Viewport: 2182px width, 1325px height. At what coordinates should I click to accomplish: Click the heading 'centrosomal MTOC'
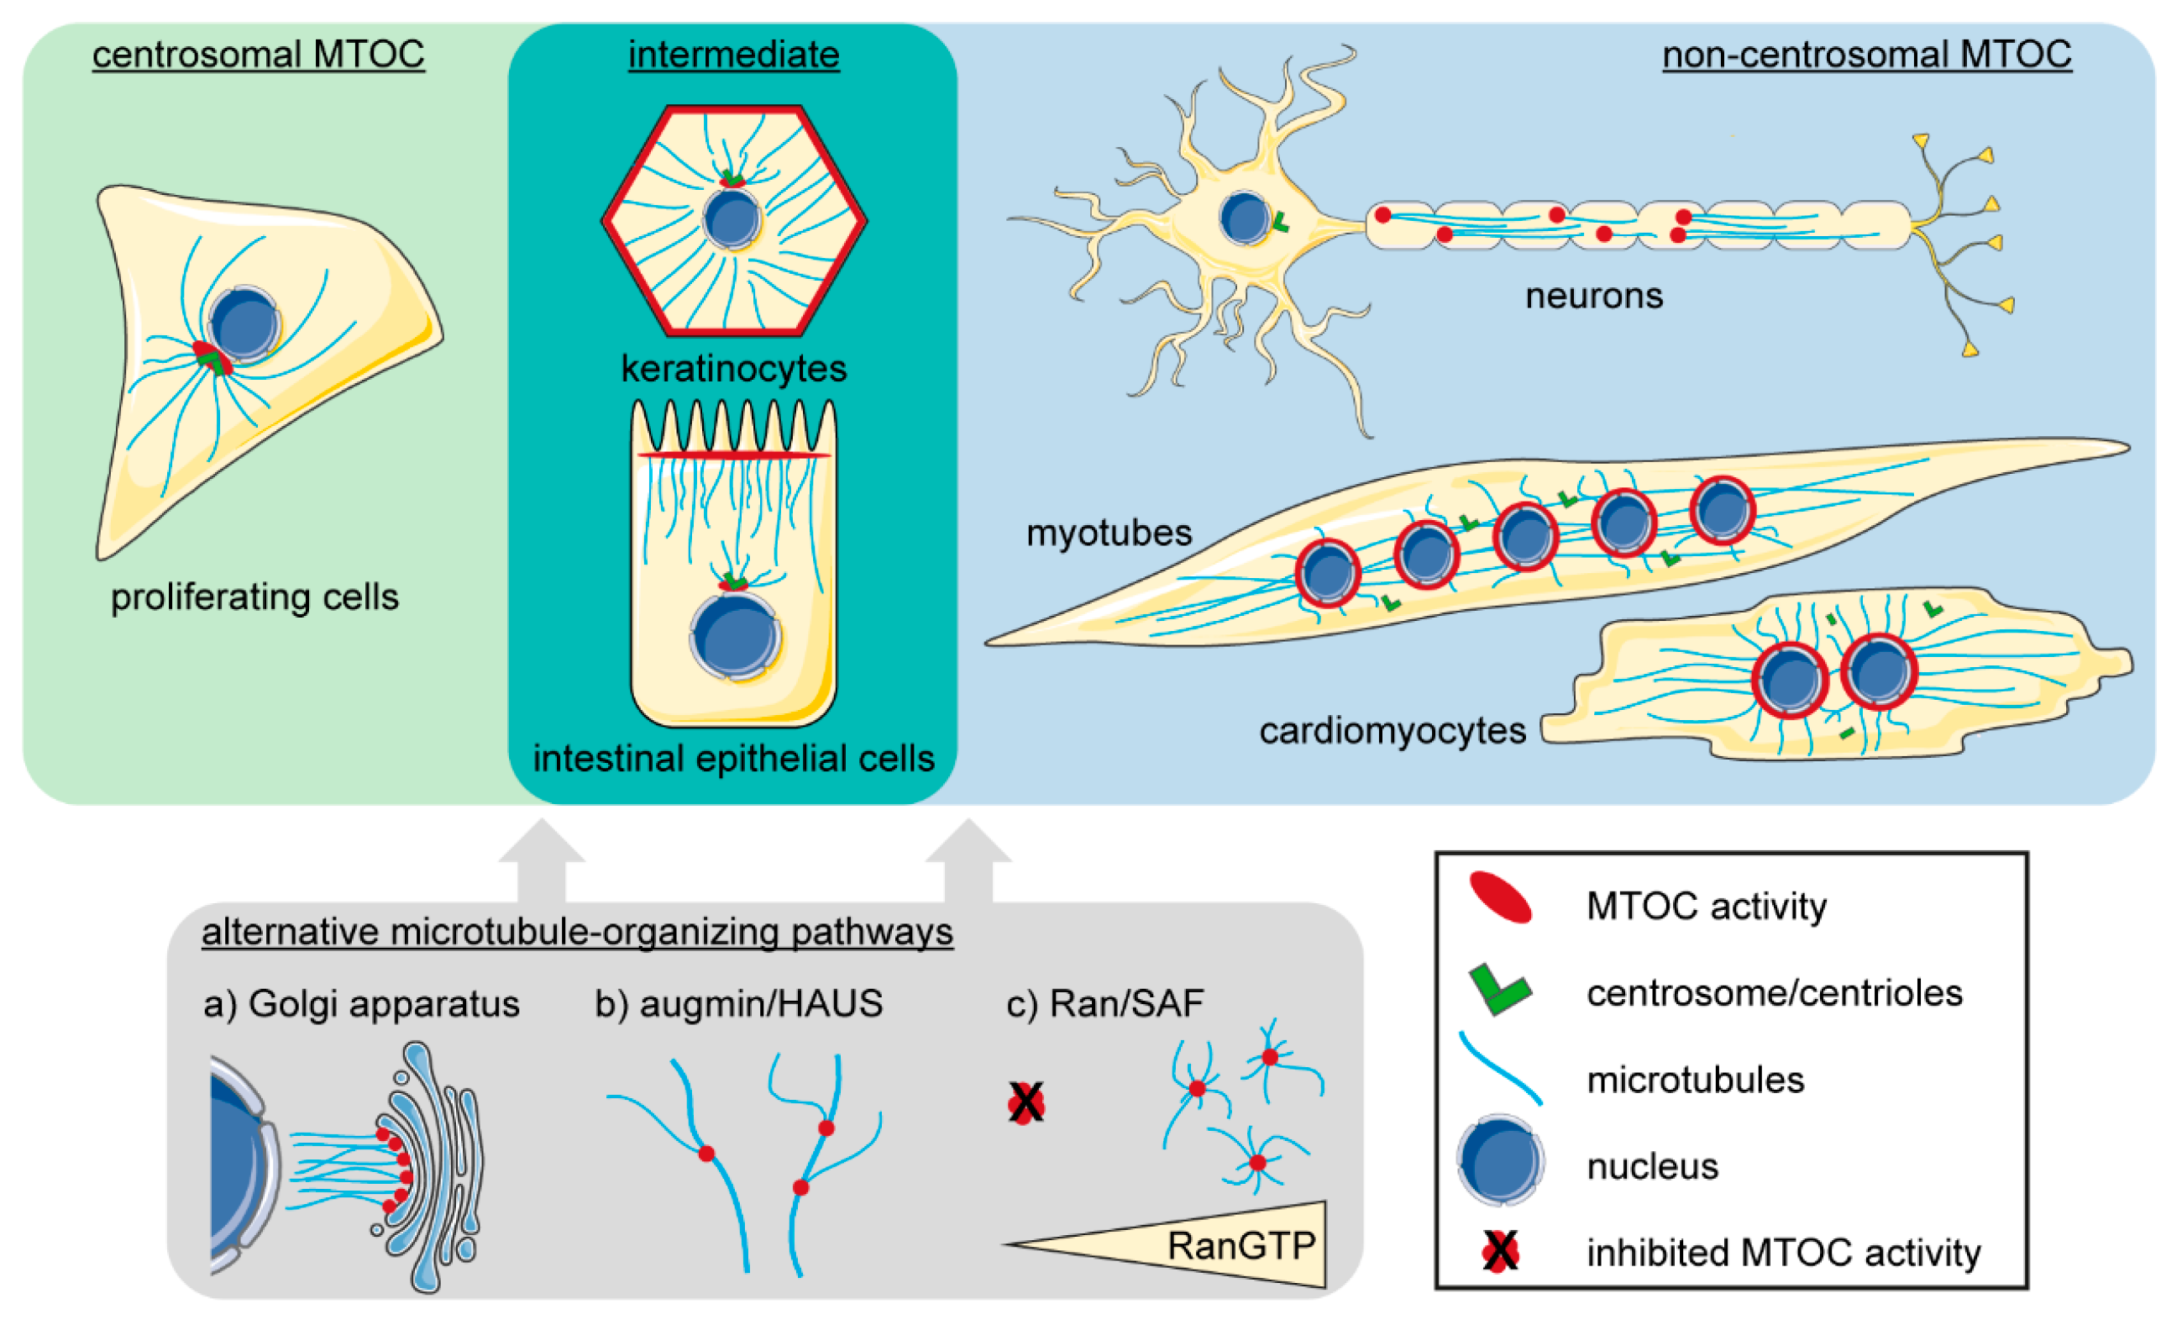click(258, 55)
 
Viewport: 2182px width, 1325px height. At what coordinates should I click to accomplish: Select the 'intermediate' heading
click(733, 55)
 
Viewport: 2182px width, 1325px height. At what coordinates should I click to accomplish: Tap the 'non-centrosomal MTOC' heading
click(1866, 55)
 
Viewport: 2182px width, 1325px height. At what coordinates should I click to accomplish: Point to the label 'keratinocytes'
click(733, 369)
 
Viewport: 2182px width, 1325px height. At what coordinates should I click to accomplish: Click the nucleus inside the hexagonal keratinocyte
click(732, 218)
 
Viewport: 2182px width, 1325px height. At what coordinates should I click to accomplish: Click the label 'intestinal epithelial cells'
click(733, 759)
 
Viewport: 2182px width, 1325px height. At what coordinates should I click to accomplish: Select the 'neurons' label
click(1593, 296)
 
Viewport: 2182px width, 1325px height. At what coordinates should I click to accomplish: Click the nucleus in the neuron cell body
click(1244, 218)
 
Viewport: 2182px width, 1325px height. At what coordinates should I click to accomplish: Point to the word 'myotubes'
click(1109, 534)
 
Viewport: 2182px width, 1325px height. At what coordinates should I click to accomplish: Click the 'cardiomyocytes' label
click(1392, 732)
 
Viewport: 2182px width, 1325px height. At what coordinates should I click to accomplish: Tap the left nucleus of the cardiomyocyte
click(1790, 681)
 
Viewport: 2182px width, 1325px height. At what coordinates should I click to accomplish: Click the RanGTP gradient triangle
click(1240, 1247)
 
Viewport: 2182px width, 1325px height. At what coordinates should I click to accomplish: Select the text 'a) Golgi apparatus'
click(361, 1004)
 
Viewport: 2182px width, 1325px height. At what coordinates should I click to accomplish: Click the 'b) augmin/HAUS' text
click(738, 1004)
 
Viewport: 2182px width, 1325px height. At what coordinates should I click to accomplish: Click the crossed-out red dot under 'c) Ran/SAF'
click(1025, 1103)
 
